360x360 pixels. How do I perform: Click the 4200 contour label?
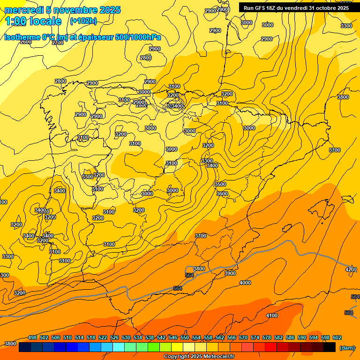pos(351,270)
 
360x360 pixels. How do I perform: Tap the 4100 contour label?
pos(272,315)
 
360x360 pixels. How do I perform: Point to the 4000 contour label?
pos(245,283)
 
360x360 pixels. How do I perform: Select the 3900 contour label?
pos(230,273)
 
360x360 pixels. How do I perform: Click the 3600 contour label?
pos(222,194)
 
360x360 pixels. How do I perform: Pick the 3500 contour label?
pos(220,184)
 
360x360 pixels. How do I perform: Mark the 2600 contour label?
pos(26,42)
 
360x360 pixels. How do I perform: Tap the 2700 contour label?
pos(58,43)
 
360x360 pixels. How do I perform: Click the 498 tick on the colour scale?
pos(32,337)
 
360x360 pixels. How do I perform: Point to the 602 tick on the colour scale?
pos(337,337)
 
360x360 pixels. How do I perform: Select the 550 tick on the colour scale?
pos(185,337)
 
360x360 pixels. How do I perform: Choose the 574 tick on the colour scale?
pos(255,337)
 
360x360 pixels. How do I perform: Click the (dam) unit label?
pos(347,348)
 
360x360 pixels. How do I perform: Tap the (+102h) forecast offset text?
pos(83,21)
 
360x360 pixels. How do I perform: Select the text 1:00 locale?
pos(33,21)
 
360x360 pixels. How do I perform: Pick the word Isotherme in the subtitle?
pos(22,37)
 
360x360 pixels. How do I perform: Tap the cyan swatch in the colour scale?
pos(119,347)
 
